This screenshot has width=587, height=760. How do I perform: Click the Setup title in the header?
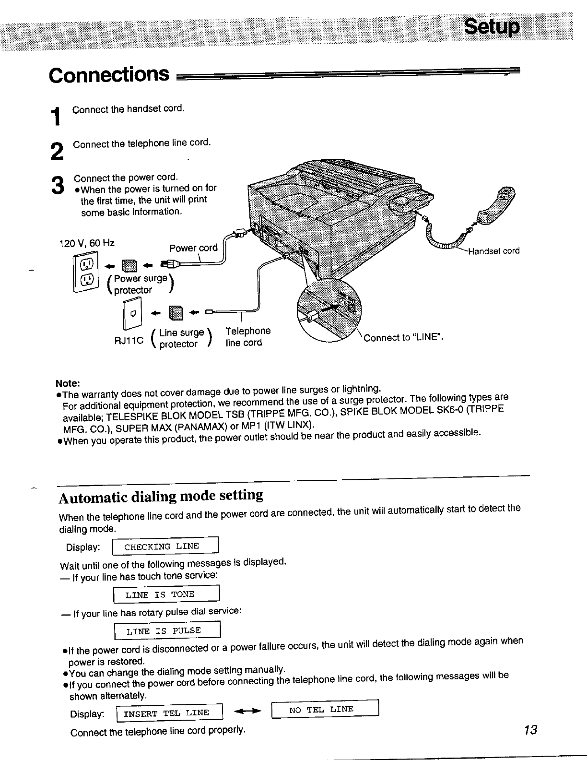tap(491, 28)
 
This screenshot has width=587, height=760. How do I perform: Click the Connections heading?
tap(109, 75)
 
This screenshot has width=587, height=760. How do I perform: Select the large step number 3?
tap(57, 185)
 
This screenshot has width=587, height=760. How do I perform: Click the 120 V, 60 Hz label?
tap(86, 243)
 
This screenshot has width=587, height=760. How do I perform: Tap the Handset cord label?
tap(493, 251)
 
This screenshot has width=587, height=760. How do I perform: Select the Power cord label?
tap(193, 248)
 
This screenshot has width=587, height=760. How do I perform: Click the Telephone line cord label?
tap(247, 337)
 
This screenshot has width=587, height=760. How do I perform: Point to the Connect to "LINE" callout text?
tap(403, 337)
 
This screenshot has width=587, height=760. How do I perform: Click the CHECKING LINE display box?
tap(165, 546)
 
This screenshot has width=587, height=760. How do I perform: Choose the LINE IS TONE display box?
tap(166, 594)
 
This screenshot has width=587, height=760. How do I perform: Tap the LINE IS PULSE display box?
tap(167, 630)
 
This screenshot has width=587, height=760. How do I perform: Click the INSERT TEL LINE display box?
tap(170, 712)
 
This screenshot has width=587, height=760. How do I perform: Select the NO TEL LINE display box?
tap(325, 709)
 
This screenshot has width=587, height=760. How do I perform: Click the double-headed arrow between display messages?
tap(247, 711)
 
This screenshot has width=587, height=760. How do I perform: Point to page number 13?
tap(530, 730)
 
